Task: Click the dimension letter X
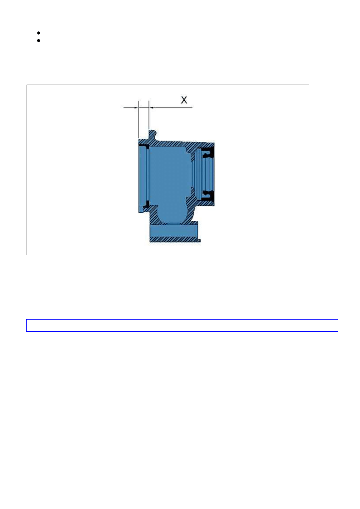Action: (184, 100)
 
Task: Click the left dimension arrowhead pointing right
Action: (136, 108)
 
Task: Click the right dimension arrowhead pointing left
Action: (151, 108)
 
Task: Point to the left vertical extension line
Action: (139, 120)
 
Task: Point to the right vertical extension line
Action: (149, 115)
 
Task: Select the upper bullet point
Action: (39, 33)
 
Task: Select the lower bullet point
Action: (39, 41)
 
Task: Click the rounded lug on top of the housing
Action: (152, 134)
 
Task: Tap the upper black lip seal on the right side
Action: (208, 153)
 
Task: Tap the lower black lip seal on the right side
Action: (208, 196)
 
